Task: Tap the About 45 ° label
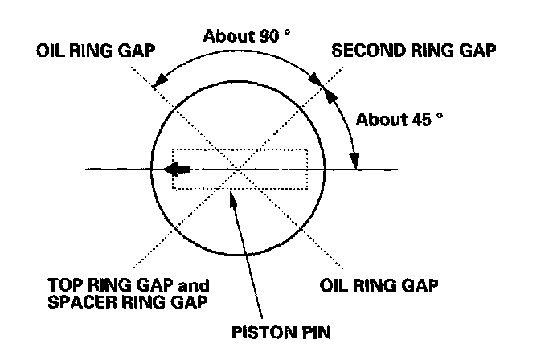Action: (x=400, y=120)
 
